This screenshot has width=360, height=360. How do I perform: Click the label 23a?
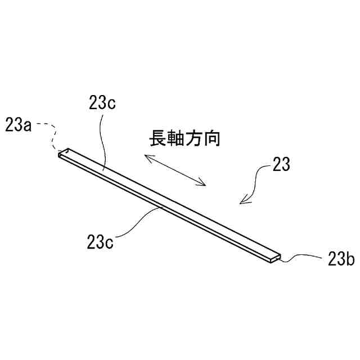click(x=17, y=125)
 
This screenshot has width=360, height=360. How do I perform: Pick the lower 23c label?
click(x=101, y=243)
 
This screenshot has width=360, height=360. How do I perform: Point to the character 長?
click(x=158, y=138)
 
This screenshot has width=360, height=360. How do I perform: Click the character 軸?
click(x=177, y=138)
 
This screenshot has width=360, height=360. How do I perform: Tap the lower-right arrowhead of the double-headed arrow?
click(x=204, y=182)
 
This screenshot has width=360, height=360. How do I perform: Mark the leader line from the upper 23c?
click(x=100, y=141)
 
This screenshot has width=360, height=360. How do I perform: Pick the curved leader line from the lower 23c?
click(x=135, y=222)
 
